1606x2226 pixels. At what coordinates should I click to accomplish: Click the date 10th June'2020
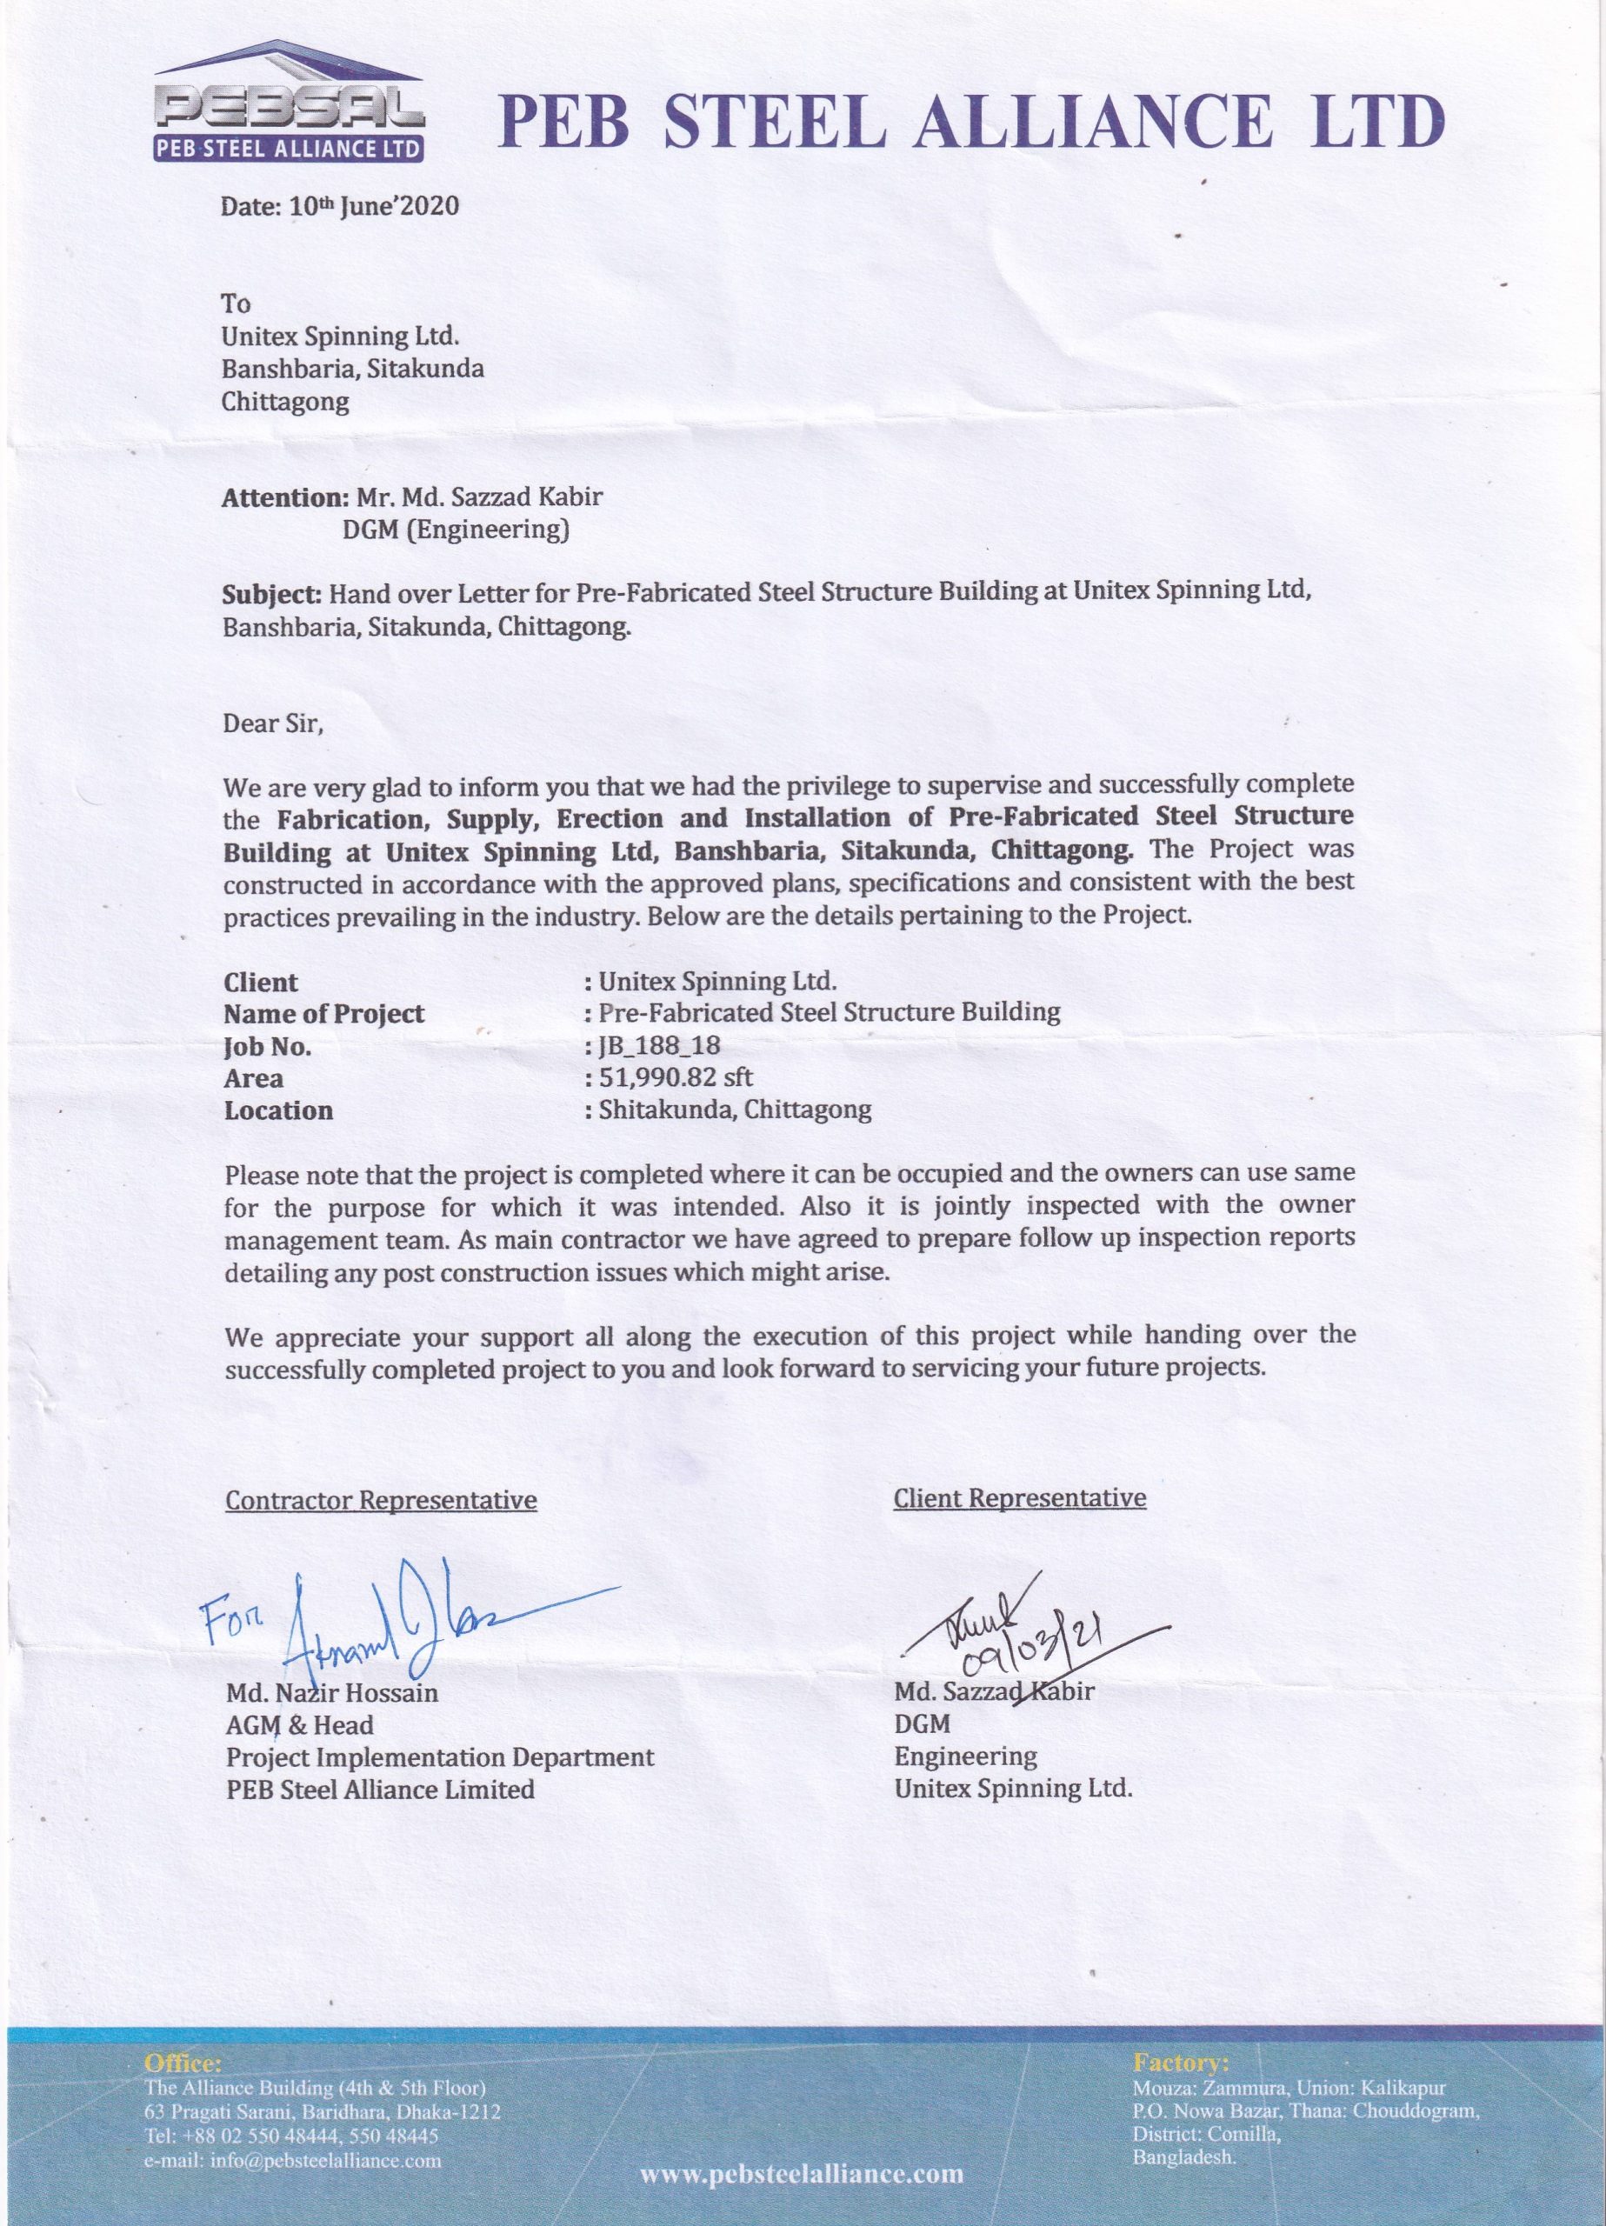[x=340, y=207]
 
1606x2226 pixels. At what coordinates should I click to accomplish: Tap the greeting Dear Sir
[x=272, y=724]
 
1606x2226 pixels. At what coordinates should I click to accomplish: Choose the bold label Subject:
[x=272, y=593]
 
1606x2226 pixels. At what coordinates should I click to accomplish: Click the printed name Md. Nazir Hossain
[x=332, y=1693]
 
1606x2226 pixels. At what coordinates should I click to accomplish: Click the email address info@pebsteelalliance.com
[x=292, y=2159]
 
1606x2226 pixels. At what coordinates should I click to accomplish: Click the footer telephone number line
[x=290, y=2136]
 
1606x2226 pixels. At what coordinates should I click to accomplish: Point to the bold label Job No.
[x=267, y=1046]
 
